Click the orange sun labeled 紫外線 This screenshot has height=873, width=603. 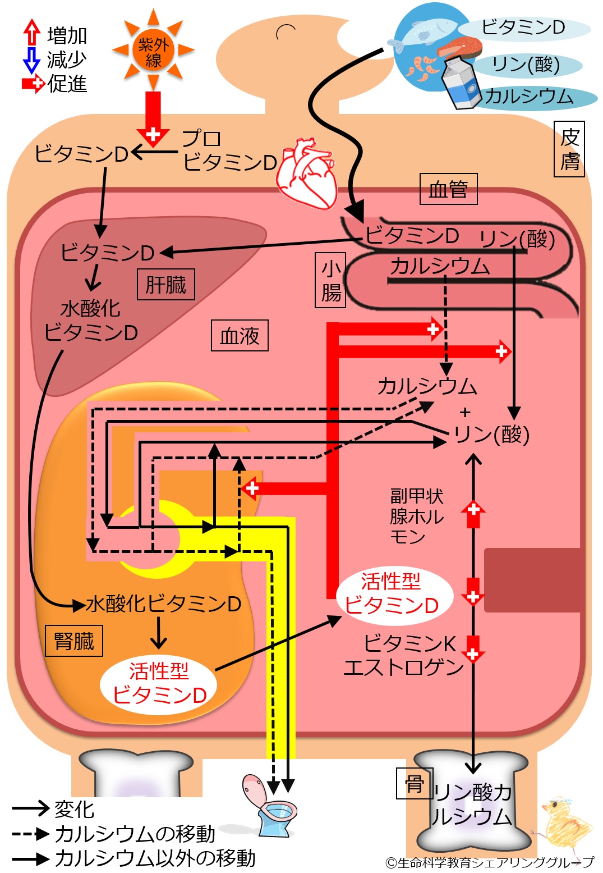(153, 50)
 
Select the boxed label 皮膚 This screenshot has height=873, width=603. (569, 149)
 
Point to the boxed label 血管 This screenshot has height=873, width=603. (448, 189)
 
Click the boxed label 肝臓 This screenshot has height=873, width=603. (166, 284)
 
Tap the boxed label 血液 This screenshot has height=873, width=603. (240, 336)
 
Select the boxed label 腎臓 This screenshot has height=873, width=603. (74, 641)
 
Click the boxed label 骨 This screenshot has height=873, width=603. (414, 784)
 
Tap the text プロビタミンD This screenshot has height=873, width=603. (229, 150)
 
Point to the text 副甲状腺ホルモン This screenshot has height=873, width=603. (417, 516)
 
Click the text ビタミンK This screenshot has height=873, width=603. (409, 643)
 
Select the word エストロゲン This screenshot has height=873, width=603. (403, 667)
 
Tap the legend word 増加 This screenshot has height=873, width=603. (67, 35)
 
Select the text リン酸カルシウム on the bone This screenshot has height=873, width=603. (472, 805)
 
